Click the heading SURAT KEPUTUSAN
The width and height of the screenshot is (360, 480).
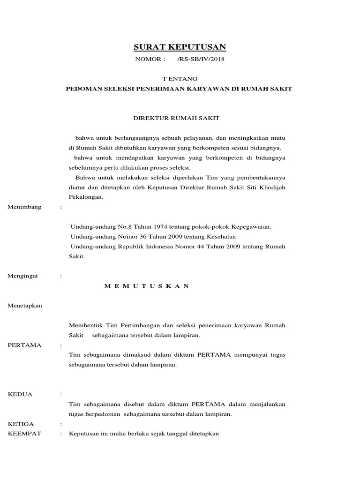tap(180, 46)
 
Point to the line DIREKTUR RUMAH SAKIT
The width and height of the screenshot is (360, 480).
tap(180, 119)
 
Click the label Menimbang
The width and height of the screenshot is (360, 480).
tap(25, 207)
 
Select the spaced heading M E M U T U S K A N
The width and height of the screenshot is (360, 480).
tap(146, 286)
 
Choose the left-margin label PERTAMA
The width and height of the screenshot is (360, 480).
tap(25, 345)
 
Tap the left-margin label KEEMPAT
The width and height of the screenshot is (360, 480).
tap(25, 434)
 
